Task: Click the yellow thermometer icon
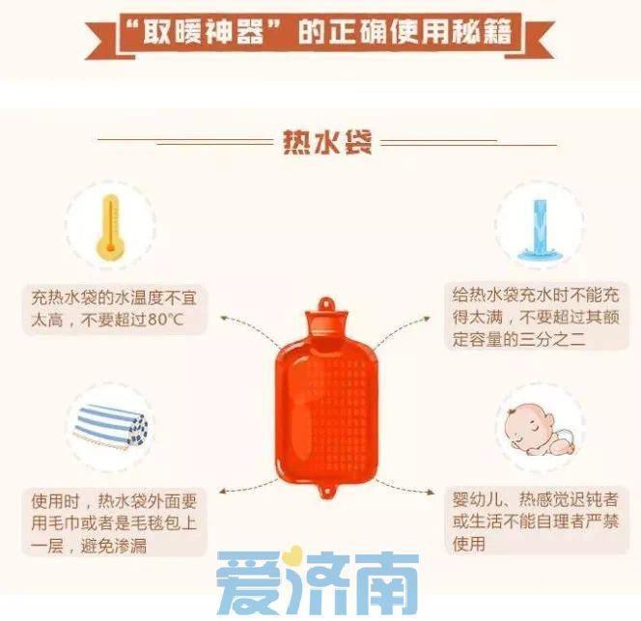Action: [x=111, y=224]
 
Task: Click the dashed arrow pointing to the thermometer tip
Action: [x=241, y=322]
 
